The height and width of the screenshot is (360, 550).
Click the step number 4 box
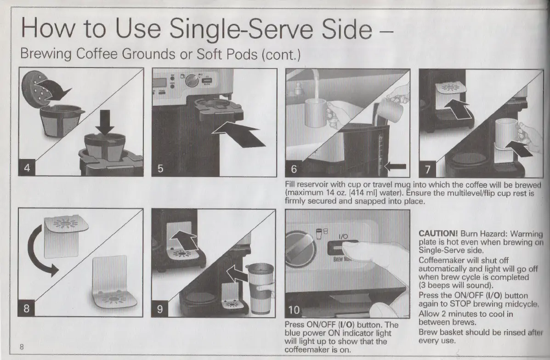pos(27,167)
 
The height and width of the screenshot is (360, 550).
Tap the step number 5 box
pos(160,168)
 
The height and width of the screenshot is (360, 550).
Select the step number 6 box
pos(294,169)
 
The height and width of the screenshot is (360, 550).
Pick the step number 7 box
pos(428,170)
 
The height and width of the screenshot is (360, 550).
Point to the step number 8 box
pos(26,308)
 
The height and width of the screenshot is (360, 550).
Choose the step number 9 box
pos(160,309)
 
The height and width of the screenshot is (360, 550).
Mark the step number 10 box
pos(294,310)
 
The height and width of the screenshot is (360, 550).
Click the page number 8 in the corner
pos(22,347)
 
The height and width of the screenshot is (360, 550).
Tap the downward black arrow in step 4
pos(104,122)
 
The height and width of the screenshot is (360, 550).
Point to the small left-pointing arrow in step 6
pos(395,166)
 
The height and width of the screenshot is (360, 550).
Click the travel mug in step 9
pos(260,288)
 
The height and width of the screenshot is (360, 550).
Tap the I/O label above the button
pos(343,236)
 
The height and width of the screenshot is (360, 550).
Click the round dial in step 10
pos(300,250)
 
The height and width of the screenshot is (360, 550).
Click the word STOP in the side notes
pos(459,304)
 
